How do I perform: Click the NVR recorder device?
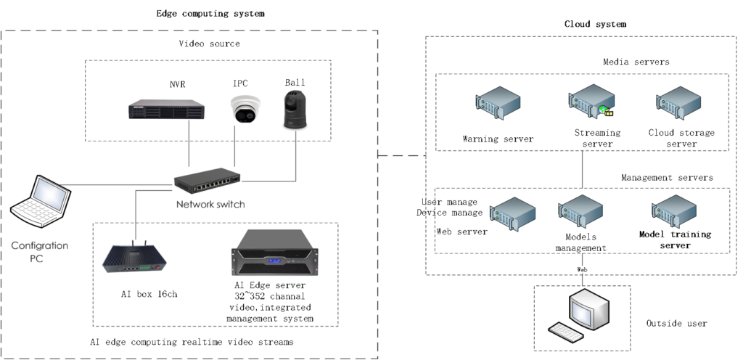[x=166, y=109]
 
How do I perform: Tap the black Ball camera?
[x=295, y=111]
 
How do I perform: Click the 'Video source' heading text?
[x=209, y=44]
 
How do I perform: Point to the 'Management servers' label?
[x=667, y=178]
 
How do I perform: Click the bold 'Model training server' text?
[x=675, y=240]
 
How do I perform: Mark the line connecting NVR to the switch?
[x=189, y=145]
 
